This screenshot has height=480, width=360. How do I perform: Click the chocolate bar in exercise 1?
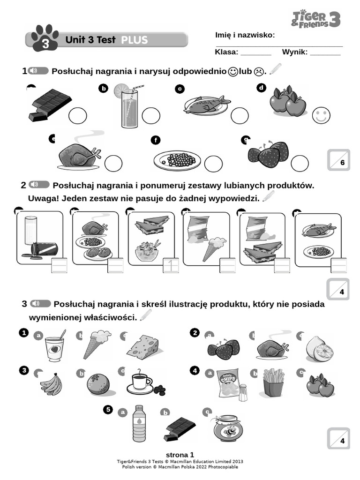tap(50, 104)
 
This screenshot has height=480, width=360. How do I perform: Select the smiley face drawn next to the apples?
tap(321, 115)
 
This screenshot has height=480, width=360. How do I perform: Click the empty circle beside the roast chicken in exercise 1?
tap(113, 164)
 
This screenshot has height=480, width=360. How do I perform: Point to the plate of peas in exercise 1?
tap(177, 161)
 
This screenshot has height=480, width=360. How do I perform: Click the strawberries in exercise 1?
tap(269, 155)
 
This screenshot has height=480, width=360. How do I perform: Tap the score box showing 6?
tap(338, 160)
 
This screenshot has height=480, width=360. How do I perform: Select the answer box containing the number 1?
tap(171, 266)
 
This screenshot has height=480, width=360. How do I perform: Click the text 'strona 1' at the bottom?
tap(180, 455)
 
